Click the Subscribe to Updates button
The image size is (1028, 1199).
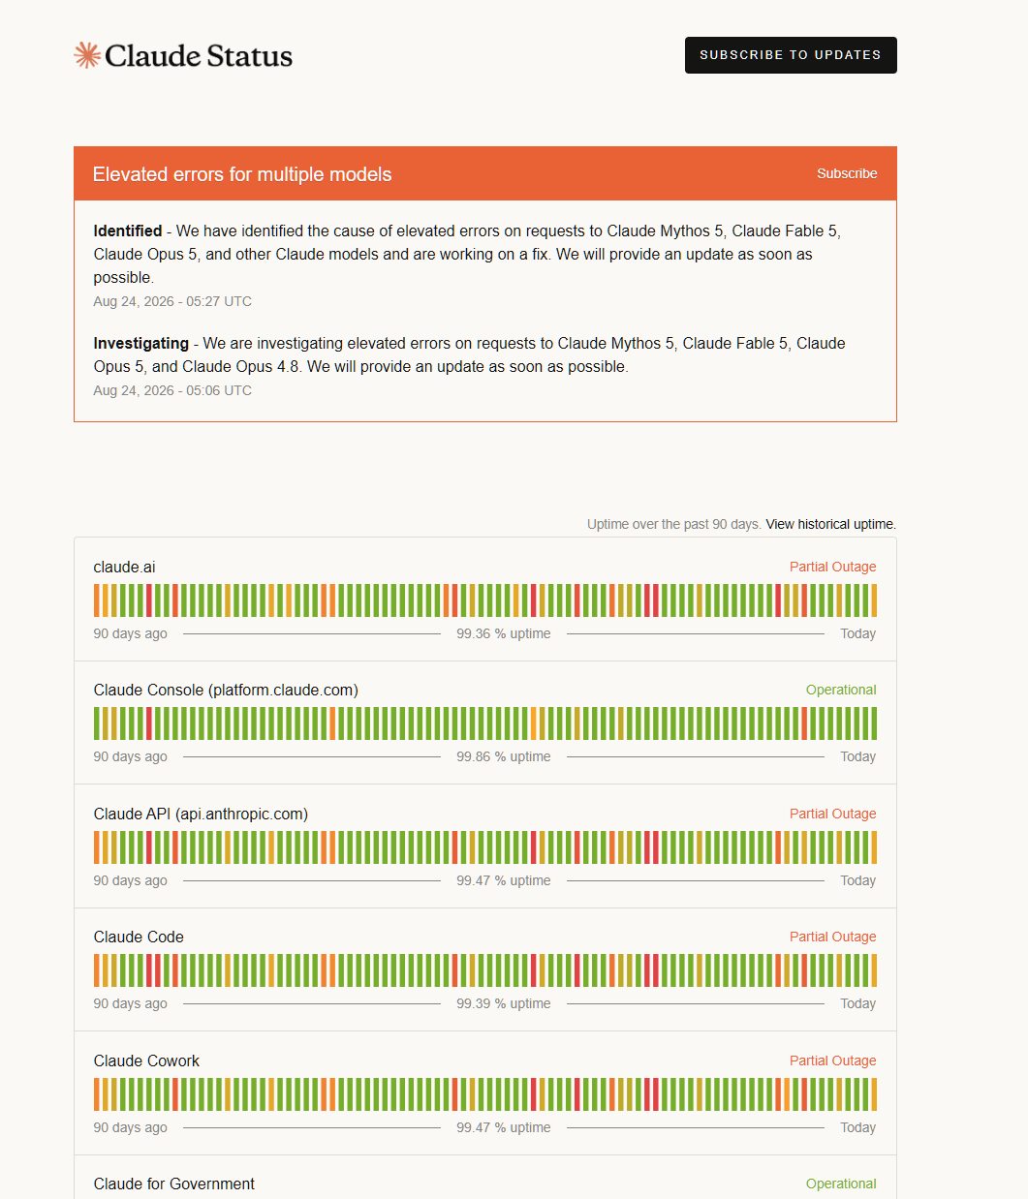[791, 55]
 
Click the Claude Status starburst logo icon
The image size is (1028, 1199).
[87, 55]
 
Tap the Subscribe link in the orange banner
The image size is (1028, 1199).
[847, 173]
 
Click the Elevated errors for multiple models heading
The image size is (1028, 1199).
[242, 174]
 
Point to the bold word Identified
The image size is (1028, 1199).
[128, 231]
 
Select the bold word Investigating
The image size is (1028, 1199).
[141, 344]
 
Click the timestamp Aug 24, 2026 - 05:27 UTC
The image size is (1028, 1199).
[172, 301]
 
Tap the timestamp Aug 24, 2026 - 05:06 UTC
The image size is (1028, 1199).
[172, 390]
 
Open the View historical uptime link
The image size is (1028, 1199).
[830, 524]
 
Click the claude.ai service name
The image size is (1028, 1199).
[124, 567]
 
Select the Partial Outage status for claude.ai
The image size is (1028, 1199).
[832, 567]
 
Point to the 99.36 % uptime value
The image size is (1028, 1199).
[503, 633]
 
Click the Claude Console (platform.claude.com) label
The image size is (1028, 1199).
[226, 691]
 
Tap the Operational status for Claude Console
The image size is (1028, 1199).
[841, 690]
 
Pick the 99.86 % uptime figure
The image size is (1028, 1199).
[503, 756]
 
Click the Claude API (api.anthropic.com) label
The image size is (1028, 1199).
[201, 814]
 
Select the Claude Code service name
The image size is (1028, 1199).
[139, 937]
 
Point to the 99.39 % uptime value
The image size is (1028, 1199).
[503, 1003]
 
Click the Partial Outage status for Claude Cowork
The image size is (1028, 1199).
[832, 1061]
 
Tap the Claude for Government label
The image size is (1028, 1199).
[174, 1184]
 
